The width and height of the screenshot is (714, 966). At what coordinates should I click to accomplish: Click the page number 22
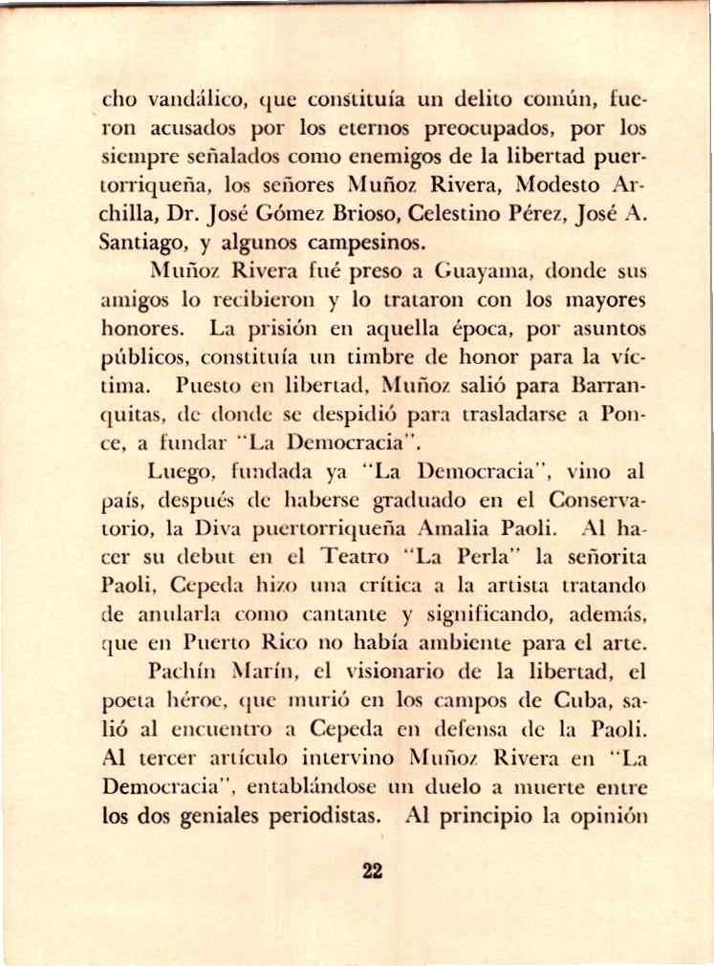coord(373,869)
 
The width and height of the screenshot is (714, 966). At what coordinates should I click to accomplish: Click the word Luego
coord(177,471)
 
